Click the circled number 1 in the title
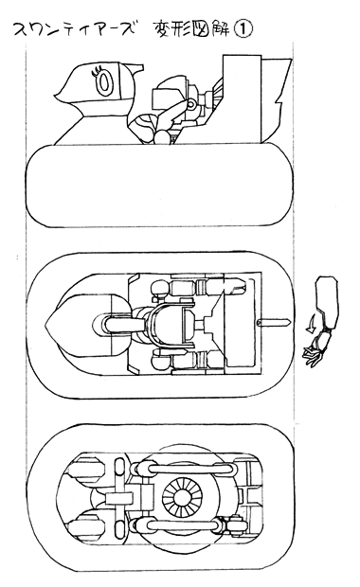[x=243, y=29]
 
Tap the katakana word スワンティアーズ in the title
[x=74, y=29]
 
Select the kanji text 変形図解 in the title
[x=192, y=29]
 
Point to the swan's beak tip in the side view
[x=56, y=96]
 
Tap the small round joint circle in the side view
[x=191, y=104]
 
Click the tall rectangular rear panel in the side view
[x=242, y=98]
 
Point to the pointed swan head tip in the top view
[x=45, y=324]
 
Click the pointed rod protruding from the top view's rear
[x=275, y=322]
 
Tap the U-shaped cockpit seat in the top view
[x=171, y=324]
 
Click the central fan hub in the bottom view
[x=182, y=499]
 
